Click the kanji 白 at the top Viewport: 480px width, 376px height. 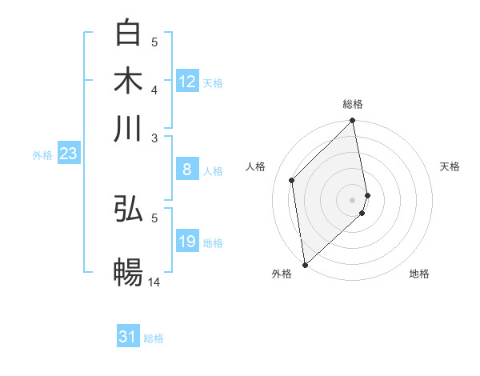[x=129, y=33]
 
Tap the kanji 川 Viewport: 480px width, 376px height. [x=129, y=128]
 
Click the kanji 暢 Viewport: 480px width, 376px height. [x=129, y=271]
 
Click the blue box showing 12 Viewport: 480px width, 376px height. [x=187, y=82]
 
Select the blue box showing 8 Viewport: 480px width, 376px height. [x=187, y=170]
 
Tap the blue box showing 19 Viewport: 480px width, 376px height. [x=187, y=242]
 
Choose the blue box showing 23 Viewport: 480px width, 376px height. [x=68, y=154]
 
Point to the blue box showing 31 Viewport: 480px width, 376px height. [x=128, y=338]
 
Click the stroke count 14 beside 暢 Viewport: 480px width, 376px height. [x=154, y=282]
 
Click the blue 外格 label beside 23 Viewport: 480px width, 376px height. [x=42, y=155]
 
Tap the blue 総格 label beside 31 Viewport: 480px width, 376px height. [x=154, y=338]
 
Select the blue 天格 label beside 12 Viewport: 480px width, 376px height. [x=213, y=82]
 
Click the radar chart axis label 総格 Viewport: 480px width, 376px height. [x=353, y=104]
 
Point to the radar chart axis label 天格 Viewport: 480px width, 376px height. [x=450, y=166]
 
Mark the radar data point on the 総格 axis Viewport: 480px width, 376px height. [x=353, y=122]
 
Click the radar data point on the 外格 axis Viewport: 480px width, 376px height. [x=305, y=265]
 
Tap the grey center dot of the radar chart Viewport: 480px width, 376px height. [x=353, y=199]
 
